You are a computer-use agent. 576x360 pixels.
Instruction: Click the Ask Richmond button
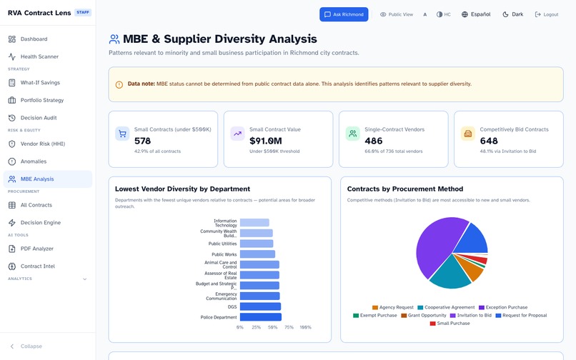pyautogui.click(x=344, y=14)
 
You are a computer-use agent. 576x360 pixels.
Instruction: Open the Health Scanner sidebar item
pyautogui.click(x=39, y=56)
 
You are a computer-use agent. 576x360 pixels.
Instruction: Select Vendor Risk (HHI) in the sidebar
pyautogui.click(x=42, y=144)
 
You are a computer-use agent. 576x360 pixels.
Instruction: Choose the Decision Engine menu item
pyautogui.click(x=41, y=223)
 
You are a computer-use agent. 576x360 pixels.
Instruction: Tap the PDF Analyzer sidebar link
pyautogui.click(x=36, y=249)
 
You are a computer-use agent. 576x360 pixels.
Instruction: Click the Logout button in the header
pyautogui.click(x=547, y=14)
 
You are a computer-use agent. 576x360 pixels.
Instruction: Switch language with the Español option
pyautogui.click(x=476, y=14)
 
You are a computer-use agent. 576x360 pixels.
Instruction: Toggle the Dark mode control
pyautogui.click(x=513, y=14)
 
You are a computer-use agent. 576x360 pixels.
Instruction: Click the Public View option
pyautogui.click(x=397, y=14)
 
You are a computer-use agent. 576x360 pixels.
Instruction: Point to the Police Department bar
pyautogui.click(x=260, y=317)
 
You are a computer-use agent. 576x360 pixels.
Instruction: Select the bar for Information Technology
pyautogui.click(x=254, y=223)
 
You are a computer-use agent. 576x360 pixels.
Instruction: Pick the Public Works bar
pyautogui.click(x=257, y=254)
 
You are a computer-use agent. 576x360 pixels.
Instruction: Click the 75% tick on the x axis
pyautogui.click(x=289, y=327)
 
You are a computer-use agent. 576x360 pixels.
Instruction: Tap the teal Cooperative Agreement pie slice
pyautogui.click(x=449, y=274)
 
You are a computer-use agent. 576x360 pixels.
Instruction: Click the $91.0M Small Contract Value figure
pyautogui.click(x=266, y=141)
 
